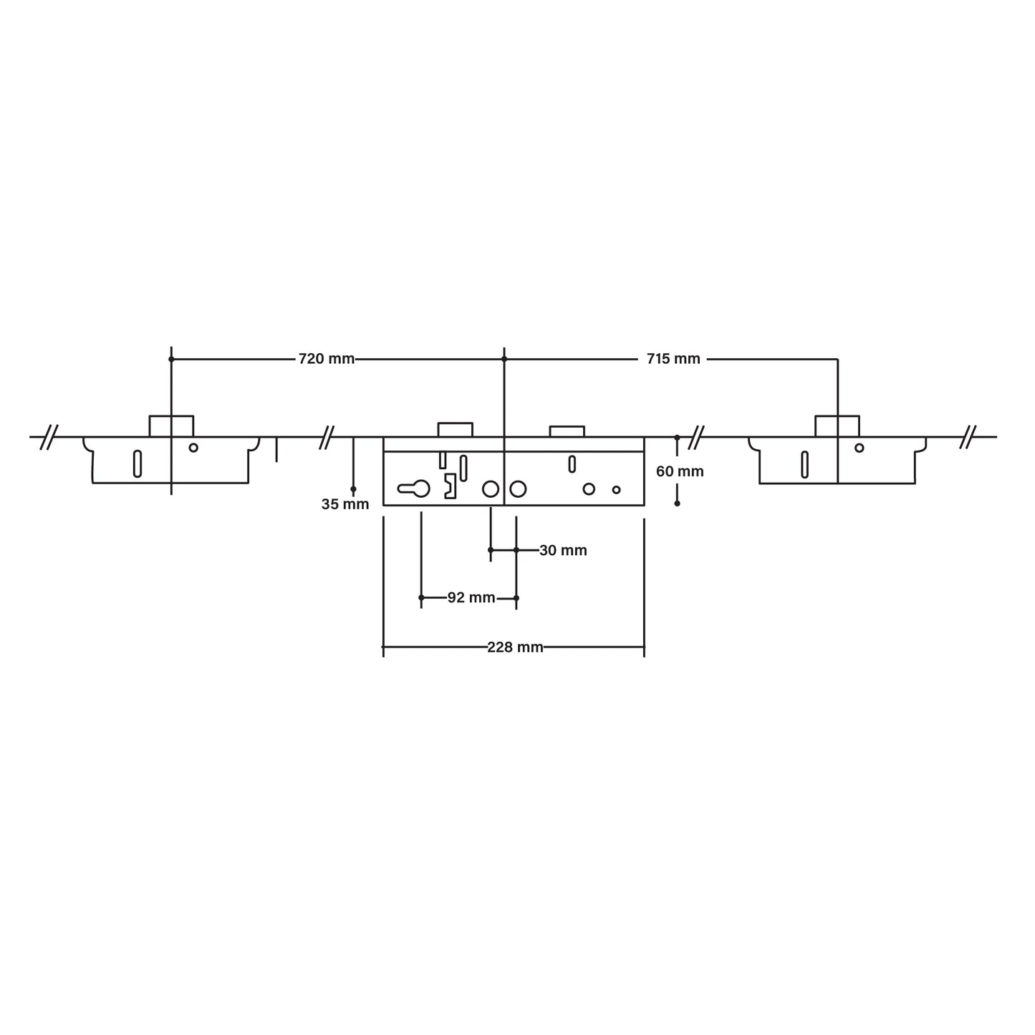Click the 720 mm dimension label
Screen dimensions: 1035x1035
coord(327,359)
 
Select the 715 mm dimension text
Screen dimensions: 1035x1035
coord(673,359)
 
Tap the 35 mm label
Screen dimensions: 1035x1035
coord(345,504)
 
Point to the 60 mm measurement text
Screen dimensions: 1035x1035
coord(680,471)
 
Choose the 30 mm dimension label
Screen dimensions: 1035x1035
coord(563,550)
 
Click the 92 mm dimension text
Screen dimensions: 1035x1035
coord(471,597)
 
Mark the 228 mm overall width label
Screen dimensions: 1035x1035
coord(515,648)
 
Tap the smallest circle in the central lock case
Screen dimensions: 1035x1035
coord(616,490)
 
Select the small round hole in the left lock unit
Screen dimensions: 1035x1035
coord(193,448)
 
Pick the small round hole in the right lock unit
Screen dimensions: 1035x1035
coord(859,448)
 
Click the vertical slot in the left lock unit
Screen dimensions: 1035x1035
coord(138,463)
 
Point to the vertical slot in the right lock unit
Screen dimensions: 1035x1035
coord(805,464)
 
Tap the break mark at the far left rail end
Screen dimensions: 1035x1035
coord(49,436)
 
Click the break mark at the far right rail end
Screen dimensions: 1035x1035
coord(969,436)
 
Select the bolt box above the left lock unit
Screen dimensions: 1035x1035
coord(171,425)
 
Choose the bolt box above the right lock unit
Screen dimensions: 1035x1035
coord(837,425)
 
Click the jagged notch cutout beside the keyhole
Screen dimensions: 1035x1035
coord(450,486)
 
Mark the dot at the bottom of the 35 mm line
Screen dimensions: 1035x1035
coord(353,489)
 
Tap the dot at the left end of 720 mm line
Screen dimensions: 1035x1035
coord(171,359)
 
